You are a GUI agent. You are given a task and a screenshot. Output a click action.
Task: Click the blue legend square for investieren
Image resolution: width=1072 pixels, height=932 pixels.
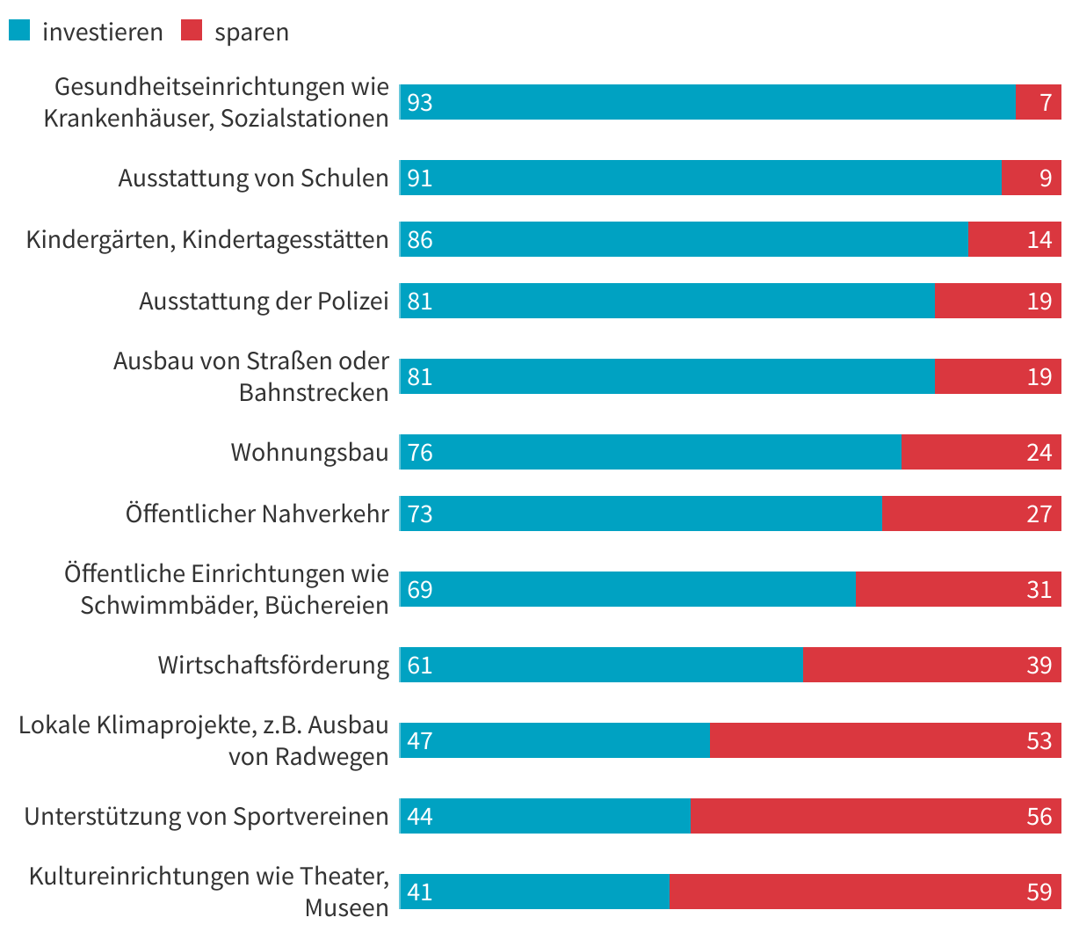[x=19, y=31]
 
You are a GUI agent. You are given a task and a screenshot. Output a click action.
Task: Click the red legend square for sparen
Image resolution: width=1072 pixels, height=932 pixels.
[x=192, y=31]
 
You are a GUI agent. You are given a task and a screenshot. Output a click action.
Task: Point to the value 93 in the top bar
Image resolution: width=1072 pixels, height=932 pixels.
[x=420, y=103]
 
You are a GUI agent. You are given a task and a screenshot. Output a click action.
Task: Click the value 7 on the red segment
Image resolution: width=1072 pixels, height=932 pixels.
[x=1046, y=103]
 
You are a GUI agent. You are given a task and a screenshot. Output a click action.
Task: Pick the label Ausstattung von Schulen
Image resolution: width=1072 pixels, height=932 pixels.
[x=253, y=178]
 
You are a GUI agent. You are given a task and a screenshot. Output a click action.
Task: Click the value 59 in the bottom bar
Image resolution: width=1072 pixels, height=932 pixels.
[x=1039, y=892]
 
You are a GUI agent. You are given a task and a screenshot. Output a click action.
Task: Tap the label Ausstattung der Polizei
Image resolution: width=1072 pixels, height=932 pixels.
[x=264, y=301]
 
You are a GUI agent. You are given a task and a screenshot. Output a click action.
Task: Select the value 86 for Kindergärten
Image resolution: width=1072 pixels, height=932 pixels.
[x=420, y=239]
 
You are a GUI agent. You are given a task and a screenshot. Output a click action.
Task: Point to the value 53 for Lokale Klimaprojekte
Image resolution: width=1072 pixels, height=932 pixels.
[x=1039, y=740]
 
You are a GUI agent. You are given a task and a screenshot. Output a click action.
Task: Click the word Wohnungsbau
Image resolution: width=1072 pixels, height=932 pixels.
[x=309, y=452]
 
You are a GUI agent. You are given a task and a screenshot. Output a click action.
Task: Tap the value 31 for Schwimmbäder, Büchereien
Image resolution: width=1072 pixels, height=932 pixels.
[x=1039, y=589]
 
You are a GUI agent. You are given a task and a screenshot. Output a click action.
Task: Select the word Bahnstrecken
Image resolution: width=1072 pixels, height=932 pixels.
[x=314, y=392]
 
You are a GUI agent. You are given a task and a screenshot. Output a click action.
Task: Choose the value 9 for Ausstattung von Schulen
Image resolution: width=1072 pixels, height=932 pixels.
[x=1046, y=178]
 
